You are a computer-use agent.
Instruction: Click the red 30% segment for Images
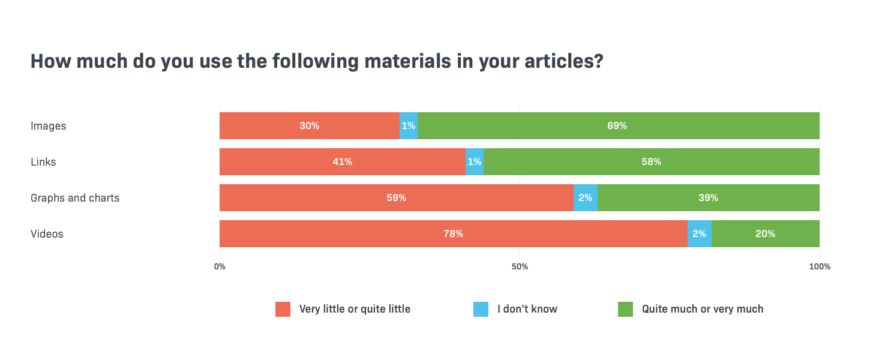310,126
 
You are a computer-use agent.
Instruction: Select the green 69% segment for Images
618,126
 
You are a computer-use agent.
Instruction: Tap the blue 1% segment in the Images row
409,126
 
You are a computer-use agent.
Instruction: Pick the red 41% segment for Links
342,162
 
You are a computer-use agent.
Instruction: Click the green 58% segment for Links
651,162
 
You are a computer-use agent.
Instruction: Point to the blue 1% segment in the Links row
475,162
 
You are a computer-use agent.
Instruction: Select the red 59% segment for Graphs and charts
396,198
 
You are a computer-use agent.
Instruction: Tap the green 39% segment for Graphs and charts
708,198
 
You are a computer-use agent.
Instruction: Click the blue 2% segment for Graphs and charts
586,198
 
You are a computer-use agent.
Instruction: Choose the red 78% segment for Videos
453,234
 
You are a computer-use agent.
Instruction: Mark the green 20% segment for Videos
765,234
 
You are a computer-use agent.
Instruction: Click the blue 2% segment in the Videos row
700,234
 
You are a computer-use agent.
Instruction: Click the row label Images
49,126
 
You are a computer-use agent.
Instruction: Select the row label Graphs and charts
75,198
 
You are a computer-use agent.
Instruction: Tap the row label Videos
47,234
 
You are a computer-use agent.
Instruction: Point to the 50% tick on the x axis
520,266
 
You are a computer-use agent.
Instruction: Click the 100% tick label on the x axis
820,266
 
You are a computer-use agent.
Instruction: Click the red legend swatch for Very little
283,309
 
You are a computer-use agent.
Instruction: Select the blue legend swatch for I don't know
481,309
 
